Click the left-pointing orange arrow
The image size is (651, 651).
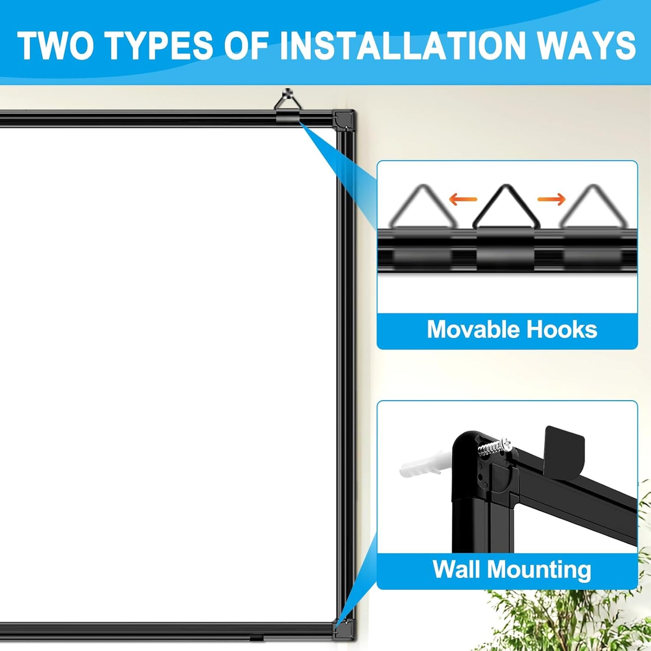point(463,199)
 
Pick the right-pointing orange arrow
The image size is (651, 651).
point(551,199)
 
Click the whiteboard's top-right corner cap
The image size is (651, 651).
point(344,119)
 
